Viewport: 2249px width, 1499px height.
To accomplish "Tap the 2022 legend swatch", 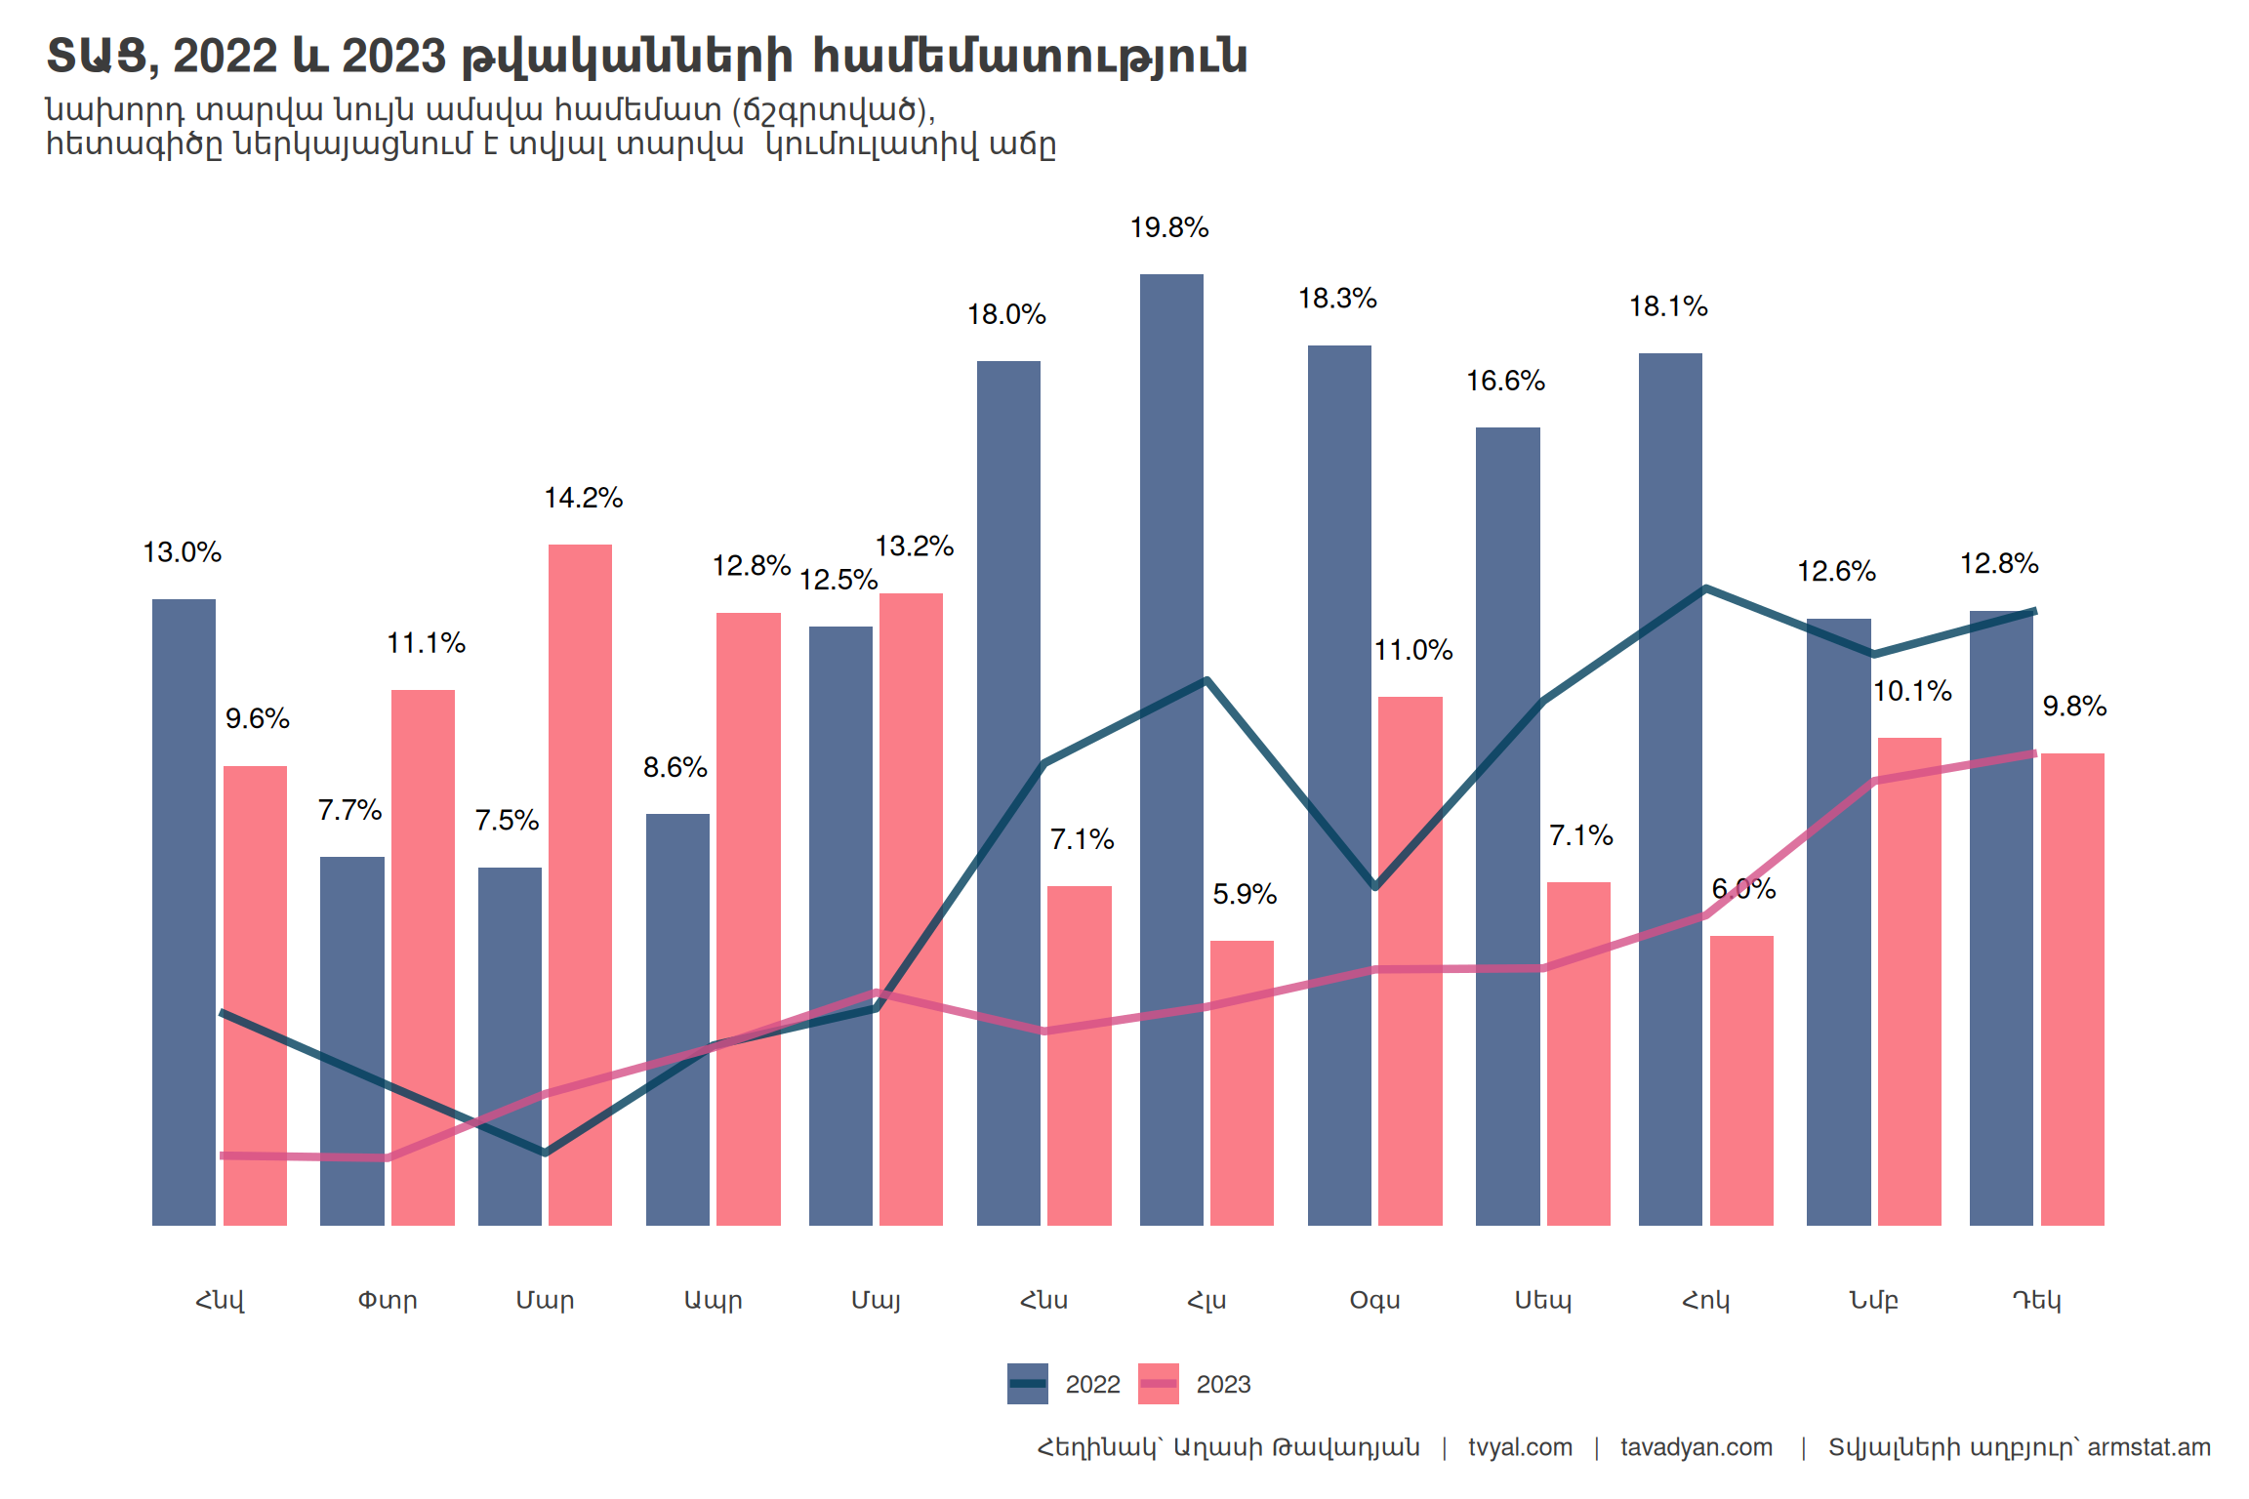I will (1027, 1384).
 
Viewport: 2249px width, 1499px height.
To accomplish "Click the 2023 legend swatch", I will (1158, 1384).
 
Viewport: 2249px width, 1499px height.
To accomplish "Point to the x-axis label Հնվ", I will (220, 1300).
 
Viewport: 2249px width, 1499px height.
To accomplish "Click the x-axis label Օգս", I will (1374, 1300).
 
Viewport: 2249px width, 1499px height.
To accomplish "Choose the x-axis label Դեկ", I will (2036, 1300).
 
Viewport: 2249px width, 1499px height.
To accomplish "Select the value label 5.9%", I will (1245, 894).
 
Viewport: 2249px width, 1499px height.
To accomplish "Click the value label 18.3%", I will (1337, 299).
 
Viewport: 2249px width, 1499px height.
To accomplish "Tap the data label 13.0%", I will (183, 552).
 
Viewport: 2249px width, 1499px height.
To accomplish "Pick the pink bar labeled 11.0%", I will (1411, 961).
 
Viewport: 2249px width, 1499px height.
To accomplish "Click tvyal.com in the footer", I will (1520, 1447).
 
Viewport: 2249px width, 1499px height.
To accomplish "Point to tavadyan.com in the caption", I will (1697, 1447).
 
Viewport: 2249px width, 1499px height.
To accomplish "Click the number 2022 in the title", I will (225, 57).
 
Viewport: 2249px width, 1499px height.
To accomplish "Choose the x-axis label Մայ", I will (876, 1300).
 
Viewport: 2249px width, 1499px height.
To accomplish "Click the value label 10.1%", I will (1912, 692).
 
